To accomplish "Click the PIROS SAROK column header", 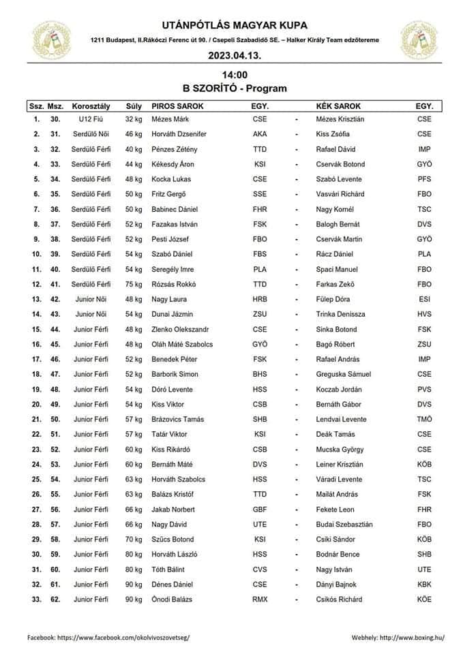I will (x=177, y=106).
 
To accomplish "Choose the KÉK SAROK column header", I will (x=339, y=106).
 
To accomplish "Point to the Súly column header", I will (x=134, y=106).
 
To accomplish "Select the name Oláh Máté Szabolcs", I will (x=182, y=344).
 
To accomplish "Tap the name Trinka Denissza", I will (x=341, y=314).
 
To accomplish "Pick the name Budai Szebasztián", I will (x=344, y=524).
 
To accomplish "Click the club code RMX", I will (x=260, y=599).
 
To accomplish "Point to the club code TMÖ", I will (x=424, y=419).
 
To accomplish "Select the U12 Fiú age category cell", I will (x=91, y=119).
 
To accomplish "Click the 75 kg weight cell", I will (x=134, y=284).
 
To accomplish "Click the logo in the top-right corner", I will (x=420, y=40).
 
